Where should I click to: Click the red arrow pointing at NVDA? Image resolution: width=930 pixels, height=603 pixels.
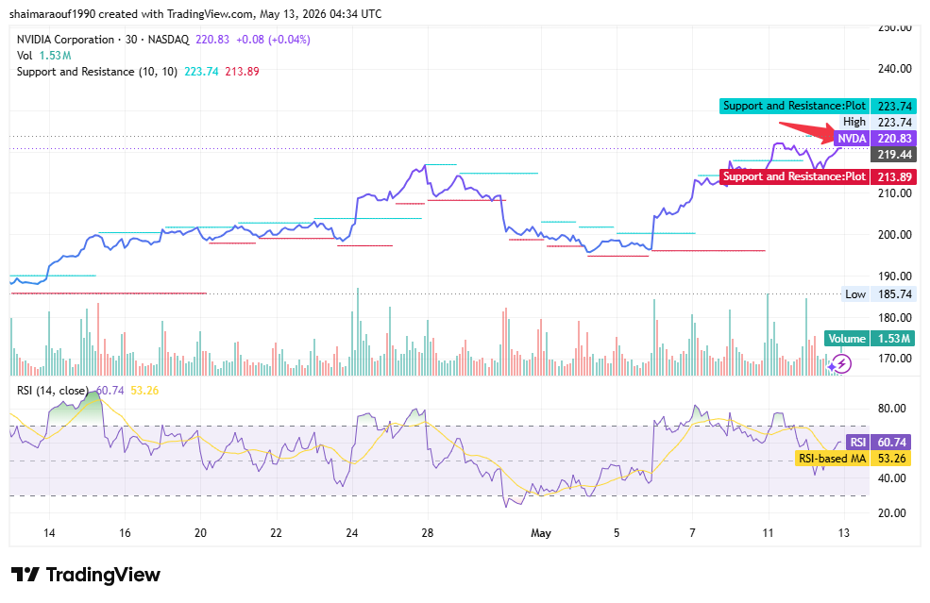[x=806, y=131]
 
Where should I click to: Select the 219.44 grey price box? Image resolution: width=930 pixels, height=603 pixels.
[x=893, y=155]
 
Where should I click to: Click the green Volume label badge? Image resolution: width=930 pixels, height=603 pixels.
[x=847, y=339]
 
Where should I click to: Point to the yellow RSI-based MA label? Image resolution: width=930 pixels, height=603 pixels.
[x=832, y=459]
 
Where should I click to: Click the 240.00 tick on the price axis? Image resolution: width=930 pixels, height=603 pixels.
[x=894, y=69]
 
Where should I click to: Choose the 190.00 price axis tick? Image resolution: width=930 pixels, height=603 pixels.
[x=894, y=276]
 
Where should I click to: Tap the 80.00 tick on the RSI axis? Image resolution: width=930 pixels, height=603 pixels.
[x=891, y=409]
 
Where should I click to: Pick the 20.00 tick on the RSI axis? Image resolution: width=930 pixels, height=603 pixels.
[x=891, y=512]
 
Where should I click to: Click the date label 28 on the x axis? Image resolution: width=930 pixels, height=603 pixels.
[x=427, y=533]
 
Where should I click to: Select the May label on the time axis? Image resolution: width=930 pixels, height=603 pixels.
[x=541, y=533]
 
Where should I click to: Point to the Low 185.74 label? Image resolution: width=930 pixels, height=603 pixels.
[x=878, y=294]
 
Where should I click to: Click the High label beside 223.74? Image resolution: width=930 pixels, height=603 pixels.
[x=854, y=122]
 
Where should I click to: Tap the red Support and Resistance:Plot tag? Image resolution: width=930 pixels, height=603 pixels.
[x=794, y=176]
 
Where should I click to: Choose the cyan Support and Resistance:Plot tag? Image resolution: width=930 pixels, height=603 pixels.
[x=794, y=106]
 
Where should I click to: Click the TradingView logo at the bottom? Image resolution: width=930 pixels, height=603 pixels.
[x=86, y=575]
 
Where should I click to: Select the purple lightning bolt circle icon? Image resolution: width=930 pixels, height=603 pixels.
[x=841, y=363]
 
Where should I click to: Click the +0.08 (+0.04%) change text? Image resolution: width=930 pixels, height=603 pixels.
[x=273, y=40]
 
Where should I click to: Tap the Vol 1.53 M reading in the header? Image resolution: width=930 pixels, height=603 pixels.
[x=43, y=56]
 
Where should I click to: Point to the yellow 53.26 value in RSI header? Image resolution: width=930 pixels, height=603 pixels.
[x=144, y=391]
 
